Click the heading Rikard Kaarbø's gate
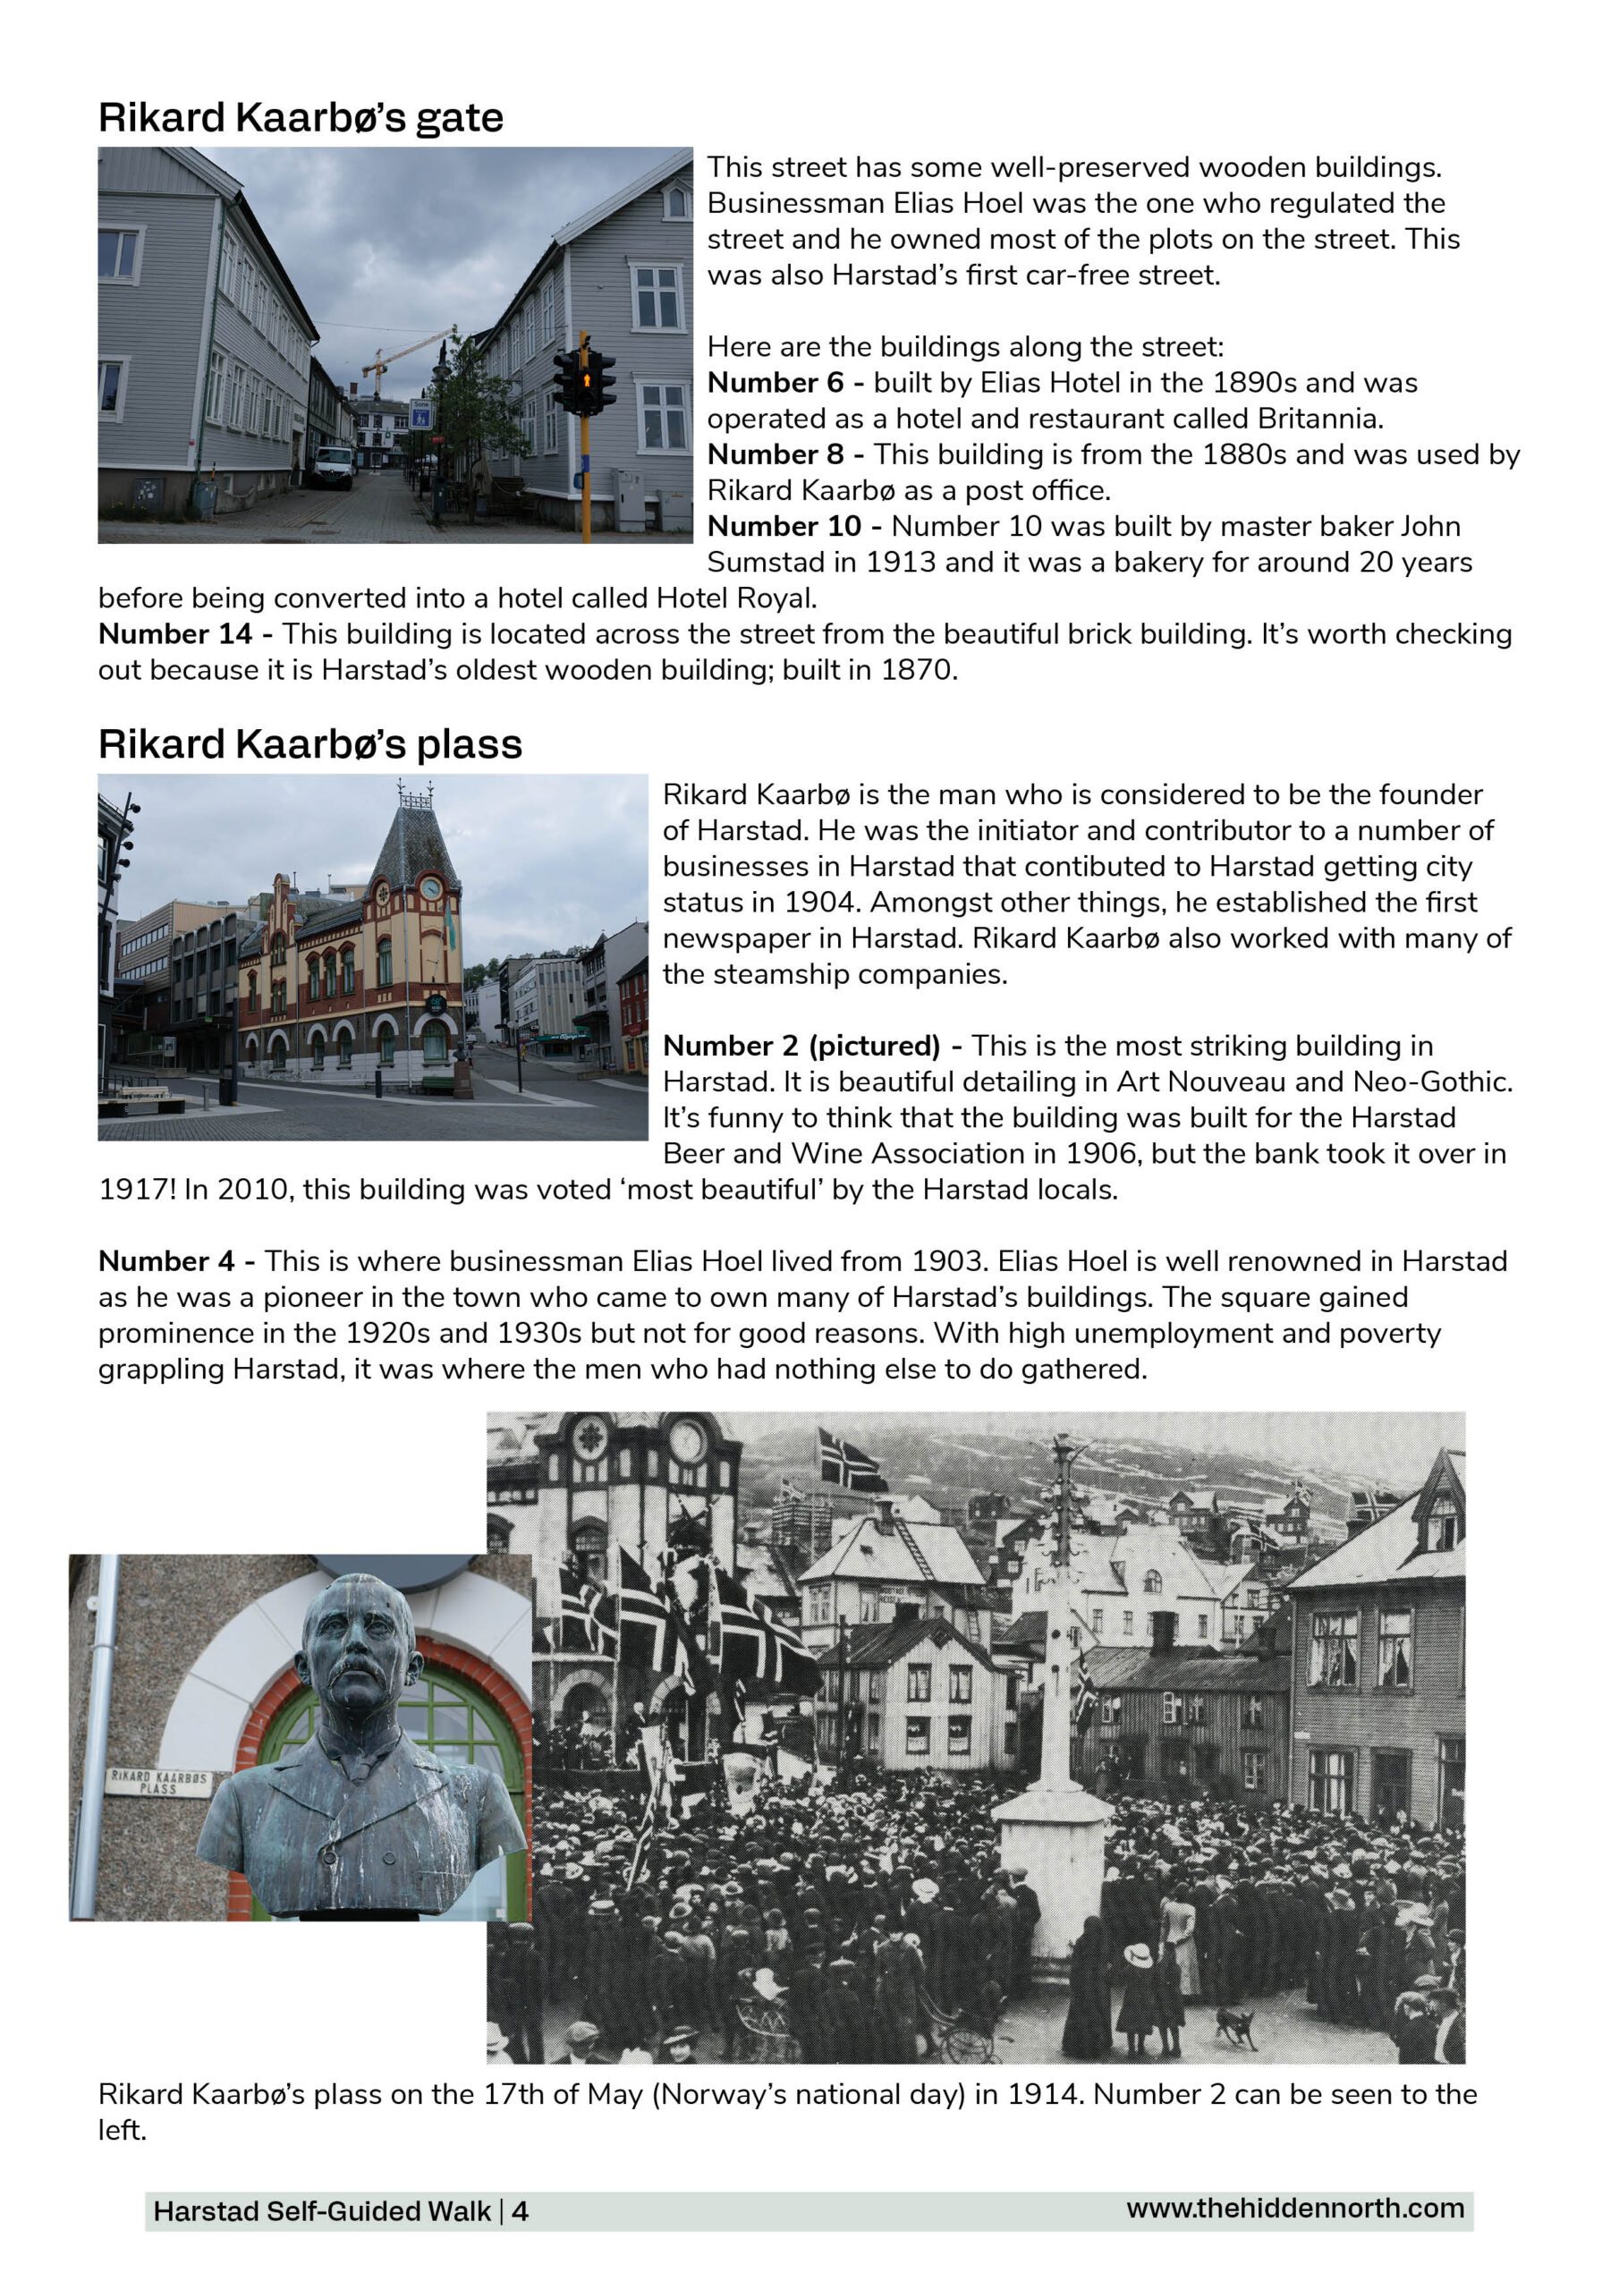click(x=301, y=118)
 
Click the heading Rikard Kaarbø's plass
click(x=309, y=745)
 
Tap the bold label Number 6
click(x=776, y=383)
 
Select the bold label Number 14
click(x=174, y=634)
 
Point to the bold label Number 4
click(x=165, y=1261)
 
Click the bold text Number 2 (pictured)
click(x=801, y=1047)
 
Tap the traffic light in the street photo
click(x=587, y=381)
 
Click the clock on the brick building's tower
click(x=431, y=887)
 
